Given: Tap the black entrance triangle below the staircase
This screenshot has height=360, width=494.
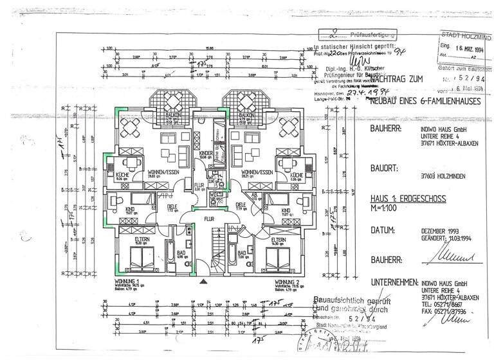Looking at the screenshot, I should [x=204, y=281].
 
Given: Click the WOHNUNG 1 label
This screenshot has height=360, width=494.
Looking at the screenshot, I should [x=126, y=282].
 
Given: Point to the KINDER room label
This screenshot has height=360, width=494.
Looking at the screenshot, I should [x=206, y=153].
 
